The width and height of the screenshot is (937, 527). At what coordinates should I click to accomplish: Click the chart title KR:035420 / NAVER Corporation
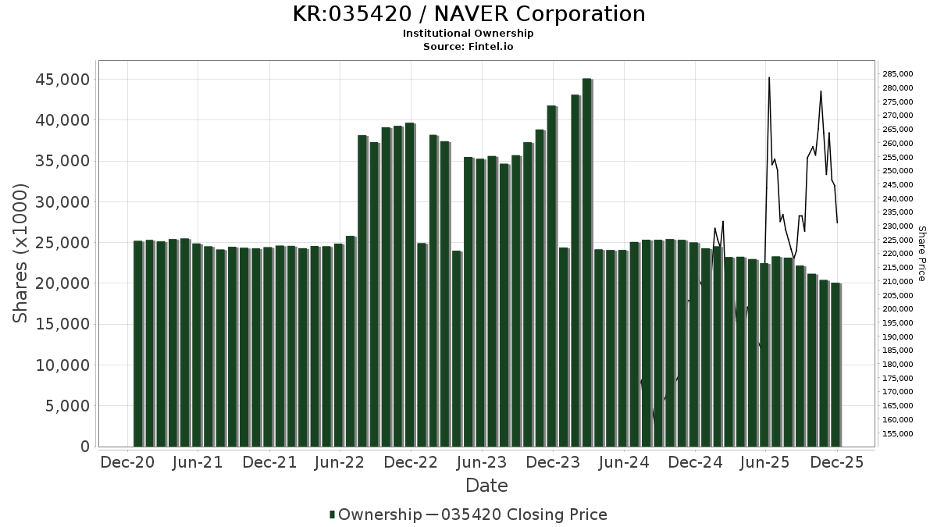click(468, 14)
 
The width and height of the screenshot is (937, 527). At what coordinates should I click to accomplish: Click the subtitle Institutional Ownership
click(468, 34)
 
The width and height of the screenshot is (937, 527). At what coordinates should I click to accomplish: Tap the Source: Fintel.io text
click(468, 47)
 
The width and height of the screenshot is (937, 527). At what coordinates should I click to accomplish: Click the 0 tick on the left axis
click(84, 447)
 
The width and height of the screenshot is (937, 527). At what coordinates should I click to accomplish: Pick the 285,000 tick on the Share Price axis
click(898, 74)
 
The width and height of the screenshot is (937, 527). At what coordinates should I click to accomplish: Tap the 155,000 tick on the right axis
click(898, 434)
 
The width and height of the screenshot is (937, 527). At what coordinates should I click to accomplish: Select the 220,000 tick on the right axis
click(898, 254)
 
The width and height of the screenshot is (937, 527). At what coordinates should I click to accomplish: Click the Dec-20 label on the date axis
click(126, 463)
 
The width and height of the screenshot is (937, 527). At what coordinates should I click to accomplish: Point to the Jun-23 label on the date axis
click(481, 463)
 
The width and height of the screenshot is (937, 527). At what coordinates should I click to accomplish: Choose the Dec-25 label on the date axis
click(836, 463)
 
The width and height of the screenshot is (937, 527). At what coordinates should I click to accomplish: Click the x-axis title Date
click(486, 486)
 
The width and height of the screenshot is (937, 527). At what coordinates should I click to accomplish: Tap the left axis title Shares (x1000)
click(21, 253)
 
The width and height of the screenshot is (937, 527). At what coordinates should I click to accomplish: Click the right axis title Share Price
click(921, 254)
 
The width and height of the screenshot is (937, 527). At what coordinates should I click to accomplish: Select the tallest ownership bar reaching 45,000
click(586, 262)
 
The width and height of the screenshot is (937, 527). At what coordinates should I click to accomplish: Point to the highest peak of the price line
click(769, 78)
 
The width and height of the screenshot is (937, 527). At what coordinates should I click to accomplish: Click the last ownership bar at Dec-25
click(835, 365)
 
